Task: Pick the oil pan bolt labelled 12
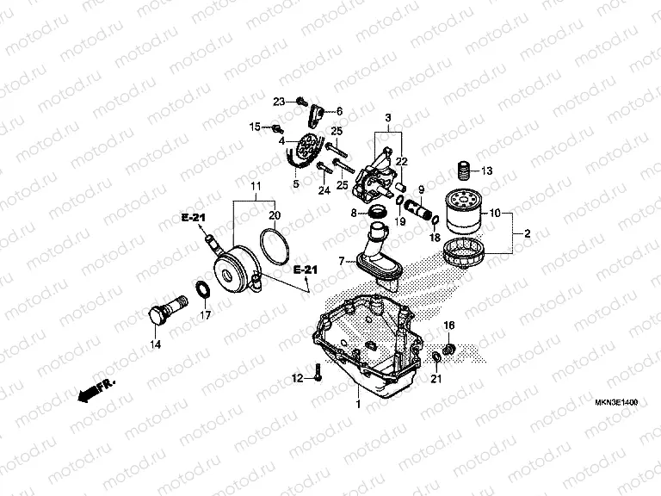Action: pos(318,374)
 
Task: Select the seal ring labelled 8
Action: pos(375,213)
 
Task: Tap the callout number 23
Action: pos(279,102)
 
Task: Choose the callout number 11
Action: pos(255,186)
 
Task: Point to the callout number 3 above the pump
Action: pos(387,118)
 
